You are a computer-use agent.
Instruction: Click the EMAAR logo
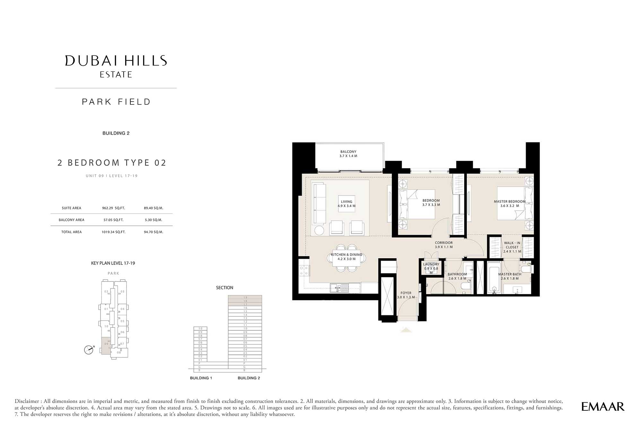603,407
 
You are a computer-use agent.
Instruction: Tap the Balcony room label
348,154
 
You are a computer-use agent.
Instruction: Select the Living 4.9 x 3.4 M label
346,204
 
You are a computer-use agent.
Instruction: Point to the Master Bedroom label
509,204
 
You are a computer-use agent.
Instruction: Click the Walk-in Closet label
512,247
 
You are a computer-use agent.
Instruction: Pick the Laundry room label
431,268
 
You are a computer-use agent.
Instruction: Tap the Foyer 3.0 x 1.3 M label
406,295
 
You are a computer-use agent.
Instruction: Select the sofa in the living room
319,203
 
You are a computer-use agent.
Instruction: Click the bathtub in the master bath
494,278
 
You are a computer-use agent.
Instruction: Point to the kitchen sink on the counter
339,288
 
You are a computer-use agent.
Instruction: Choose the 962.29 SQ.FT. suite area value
113,208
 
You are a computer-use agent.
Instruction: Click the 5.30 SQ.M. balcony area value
153,220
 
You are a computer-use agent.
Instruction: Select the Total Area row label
72,232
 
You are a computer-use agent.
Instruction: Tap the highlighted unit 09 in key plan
106,345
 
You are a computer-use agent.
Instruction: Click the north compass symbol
89,350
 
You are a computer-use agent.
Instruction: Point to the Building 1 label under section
201,378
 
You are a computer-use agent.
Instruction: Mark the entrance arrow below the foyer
406,330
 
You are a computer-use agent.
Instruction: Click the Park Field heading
116,102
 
